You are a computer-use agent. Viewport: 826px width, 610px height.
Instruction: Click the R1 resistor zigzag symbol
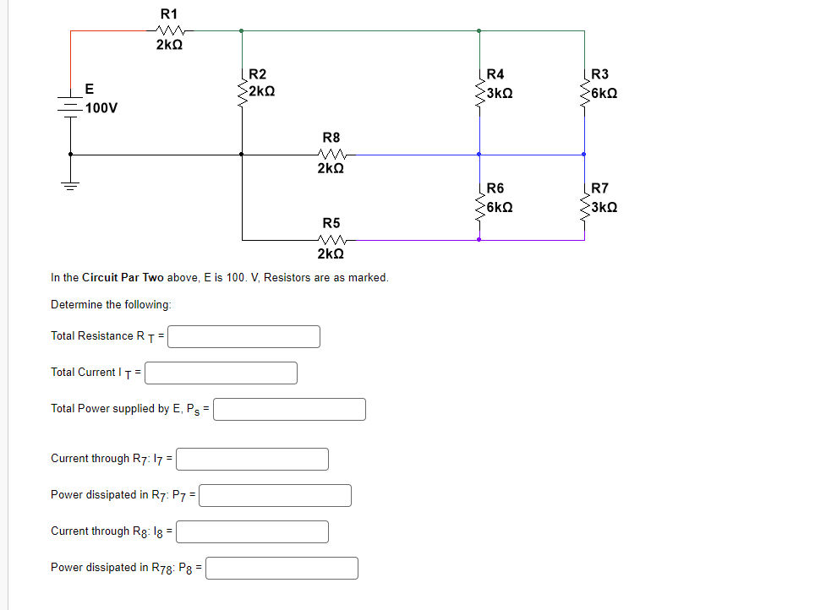pos(167,30)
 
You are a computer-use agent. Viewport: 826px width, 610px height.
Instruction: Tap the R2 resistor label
pos(258,74)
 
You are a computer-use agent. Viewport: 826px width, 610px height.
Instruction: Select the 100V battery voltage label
pos(101,108)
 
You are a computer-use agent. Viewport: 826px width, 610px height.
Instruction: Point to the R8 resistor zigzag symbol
pos(331,155)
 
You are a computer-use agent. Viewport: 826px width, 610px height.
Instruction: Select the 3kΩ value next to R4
pos(500,91)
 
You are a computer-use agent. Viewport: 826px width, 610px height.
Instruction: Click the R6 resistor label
pos(495,189)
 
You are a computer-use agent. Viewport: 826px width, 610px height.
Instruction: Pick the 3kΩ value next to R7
pos(604,207)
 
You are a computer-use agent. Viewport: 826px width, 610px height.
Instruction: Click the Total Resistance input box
pos(243,336)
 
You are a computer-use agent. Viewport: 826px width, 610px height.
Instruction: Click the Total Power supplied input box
pos(290,409)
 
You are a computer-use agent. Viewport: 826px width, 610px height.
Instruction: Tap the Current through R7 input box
pos(252,459)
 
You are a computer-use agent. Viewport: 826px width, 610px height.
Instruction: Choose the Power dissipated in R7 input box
pos(275,495)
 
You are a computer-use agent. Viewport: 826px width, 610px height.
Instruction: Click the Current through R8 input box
pos(252,531)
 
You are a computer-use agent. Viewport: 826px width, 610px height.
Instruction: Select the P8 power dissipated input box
pos(282,568)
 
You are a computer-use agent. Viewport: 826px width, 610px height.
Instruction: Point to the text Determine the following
pos(111,304)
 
